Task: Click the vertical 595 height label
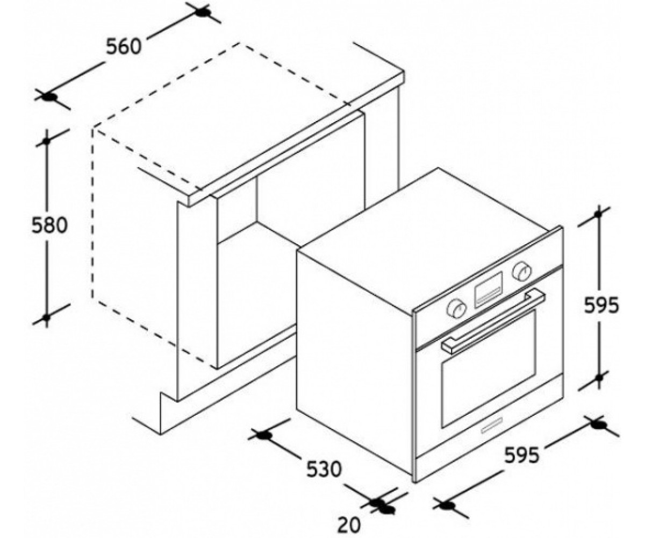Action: click(x=601, y=306)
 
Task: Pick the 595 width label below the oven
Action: click(x=522, y=455)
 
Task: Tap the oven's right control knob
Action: click(x=522, y=272)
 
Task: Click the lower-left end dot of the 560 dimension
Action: click(x=49, y=97)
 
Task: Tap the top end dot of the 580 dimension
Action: click(x=47, y=141)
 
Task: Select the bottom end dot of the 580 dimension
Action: click(x=46, y=317)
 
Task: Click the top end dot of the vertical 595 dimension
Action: click(x=598, y=214)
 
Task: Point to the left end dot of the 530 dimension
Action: click(x=263, y=435)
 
